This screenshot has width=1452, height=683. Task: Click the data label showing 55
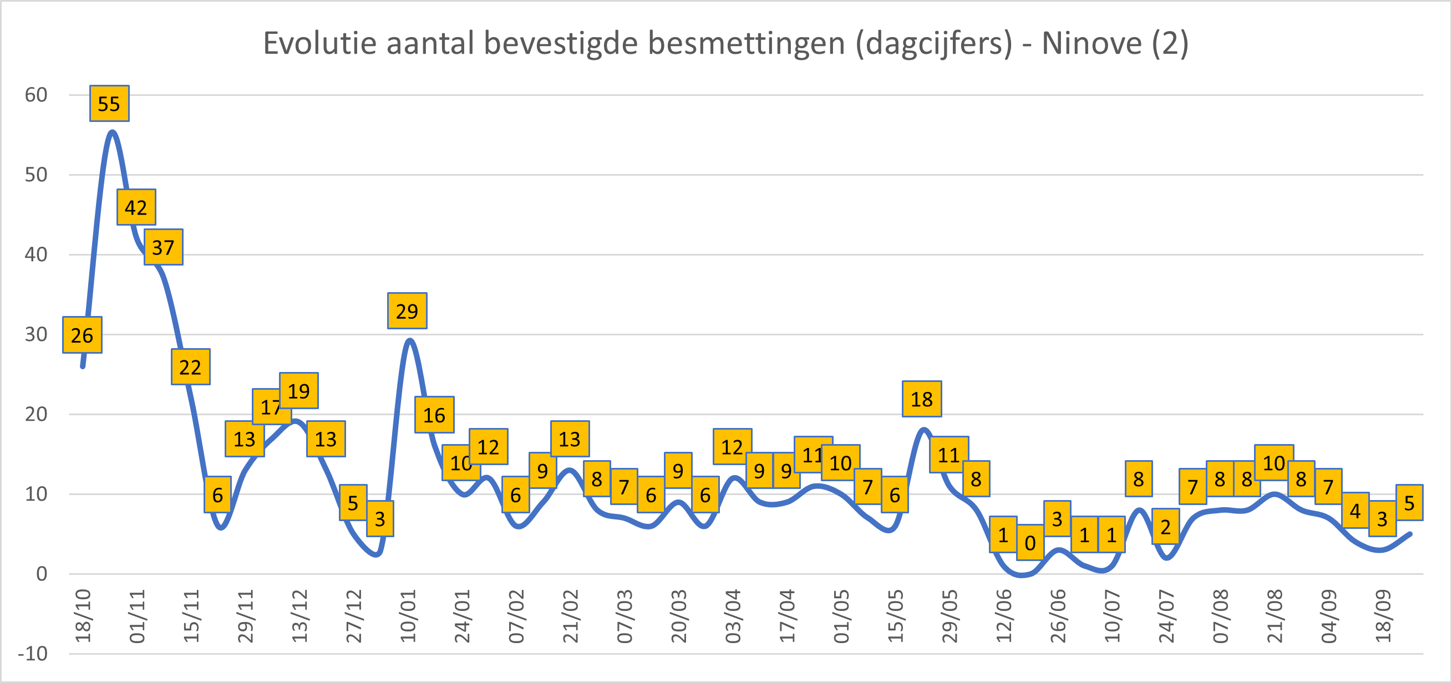tap(109, 104)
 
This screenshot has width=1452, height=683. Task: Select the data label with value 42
tap(136, 207)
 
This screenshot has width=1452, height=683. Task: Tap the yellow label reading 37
tap(164, 247)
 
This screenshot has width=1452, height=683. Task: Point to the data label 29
tap(407, 311)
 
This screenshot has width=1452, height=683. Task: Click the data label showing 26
tap(82, 335)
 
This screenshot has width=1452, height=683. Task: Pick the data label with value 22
tap(191, 368)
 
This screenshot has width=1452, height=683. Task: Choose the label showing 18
tap(922, 399)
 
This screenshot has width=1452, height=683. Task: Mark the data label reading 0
tap(1030, 543)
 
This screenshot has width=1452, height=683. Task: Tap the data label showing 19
tap(299, 390)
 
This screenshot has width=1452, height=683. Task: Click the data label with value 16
tap(434, 415)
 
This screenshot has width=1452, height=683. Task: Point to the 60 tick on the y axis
tap(36, 95)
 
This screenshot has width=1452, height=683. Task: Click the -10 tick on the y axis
tap(33, 654)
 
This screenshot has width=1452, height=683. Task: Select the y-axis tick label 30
tap(36, 334)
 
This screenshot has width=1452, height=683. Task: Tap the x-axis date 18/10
tap(83, 616)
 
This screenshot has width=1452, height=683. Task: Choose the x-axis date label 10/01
tap(408, 616)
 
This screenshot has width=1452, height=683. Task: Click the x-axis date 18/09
tap(1383, 616)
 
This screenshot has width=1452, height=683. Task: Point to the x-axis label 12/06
tap(1004, 616)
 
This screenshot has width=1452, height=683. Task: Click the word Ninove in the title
tap(1091, 43)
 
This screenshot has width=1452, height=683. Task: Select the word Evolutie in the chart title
tap(320, 43)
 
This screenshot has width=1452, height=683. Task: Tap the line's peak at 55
tap(112, 132)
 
